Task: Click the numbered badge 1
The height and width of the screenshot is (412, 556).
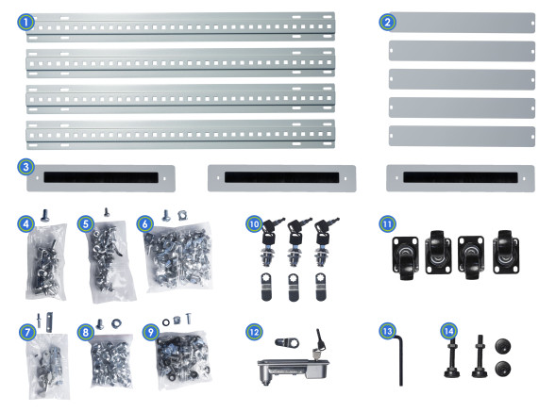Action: [25, 22]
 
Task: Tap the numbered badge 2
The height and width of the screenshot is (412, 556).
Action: [387, 22]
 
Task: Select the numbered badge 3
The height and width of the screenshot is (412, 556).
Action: [25, 167]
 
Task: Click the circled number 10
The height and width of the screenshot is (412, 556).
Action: [254, 223]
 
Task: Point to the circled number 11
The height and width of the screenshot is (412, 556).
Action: [387, 223]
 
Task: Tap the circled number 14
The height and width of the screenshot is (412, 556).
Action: [449, 331]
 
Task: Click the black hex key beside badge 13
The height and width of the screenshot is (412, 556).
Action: [399, 359]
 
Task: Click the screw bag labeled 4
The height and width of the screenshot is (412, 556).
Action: [46, 261]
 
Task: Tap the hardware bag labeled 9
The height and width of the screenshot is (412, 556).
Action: [183, 358]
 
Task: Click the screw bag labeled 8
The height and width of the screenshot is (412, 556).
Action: [111, 361]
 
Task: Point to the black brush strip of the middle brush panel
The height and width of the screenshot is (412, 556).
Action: [281, 177]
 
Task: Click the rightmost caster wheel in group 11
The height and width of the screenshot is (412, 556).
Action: [506, 253]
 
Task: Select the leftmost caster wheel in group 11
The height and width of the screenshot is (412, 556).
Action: [405, 258]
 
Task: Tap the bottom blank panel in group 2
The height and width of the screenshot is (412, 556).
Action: [462, 137]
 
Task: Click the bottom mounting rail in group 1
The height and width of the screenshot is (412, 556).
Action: [180, 135]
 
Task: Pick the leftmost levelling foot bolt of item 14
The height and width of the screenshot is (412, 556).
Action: [452, 358]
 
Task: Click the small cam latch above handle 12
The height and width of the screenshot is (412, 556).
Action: [287, 342]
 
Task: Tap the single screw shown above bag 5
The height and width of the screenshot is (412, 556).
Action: [106, 212]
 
